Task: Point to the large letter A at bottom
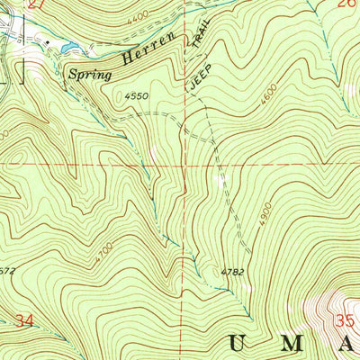350,343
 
